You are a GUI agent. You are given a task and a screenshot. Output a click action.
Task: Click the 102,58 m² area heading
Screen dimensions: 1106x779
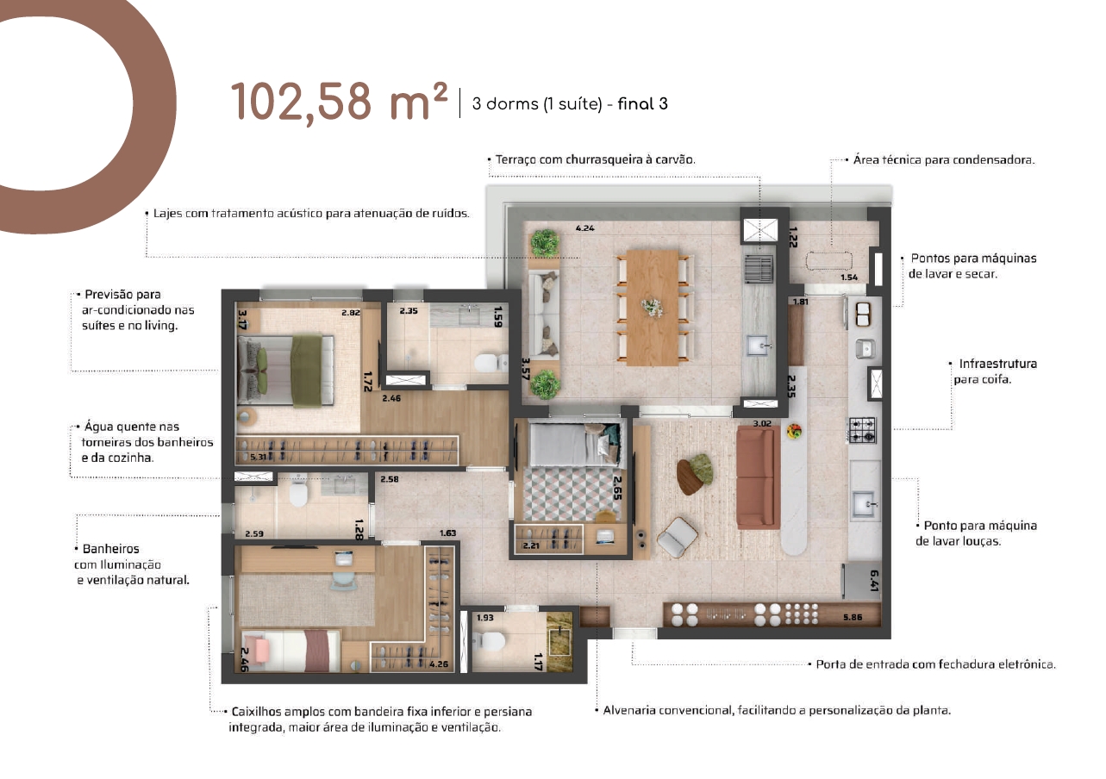tap(339, 103)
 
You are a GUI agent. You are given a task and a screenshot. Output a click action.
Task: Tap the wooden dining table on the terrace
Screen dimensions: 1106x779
tap(653, 307)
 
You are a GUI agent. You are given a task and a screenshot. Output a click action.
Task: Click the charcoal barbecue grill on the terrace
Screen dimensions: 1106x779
tap(758, 270)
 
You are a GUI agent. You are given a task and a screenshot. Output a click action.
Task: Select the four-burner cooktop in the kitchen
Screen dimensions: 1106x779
tap(863, 430)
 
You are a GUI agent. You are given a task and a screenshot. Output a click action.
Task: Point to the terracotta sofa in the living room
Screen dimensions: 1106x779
tap(755, 477)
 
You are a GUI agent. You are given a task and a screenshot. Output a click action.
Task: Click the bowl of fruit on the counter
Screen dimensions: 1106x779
tap(795, 431)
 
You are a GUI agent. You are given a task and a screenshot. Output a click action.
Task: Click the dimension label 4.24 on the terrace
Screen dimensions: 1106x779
tap(585, 228)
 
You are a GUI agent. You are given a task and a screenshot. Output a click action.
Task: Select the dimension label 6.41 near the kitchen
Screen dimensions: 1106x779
tap(874, 581)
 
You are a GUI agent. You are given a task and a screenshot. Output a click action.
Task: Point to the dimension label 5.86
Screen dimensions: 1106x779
tap(853, 617)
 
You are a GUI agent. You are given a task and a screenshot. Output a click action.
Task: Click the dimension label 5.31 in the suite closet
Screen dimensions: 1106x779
tap(258, 457)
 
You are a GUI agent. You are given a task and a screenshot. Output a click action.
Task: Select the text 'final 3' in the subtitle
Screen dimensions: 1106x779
tap(642, 104)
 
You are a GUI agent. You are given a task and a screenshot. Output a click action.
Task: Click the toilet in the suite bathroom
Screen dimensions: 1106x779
tap(491, 364)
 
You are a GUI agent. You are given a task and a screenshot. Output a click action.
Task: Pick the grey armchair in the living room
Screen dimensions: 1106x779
tap(678, 538)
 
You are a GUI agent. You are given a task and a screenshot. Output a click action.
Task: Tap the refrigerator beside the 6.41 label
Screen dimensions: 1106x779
tap(859, 581)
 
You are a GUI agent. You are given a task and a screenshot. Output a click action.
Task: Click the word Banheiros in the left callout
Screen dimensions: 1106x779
tap(111, 549)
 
